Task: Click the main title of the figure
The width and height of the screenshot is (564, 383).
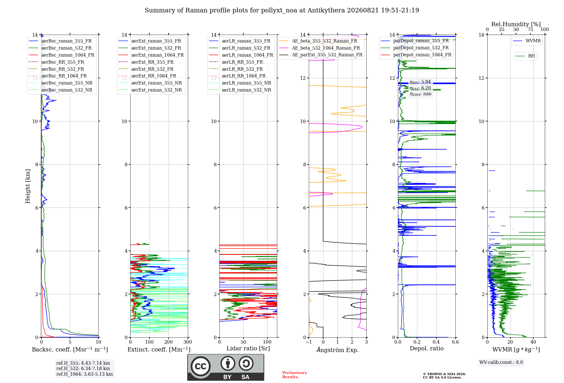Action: coord(282,10)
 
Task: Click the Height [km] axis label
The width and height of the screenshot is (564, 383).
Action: coord(28,186)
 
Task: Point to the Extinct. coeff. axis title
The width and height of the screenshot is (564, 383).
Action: coord(159,349)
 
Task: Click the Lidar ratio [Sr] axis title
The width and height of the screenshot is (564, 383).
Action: coord(248,348)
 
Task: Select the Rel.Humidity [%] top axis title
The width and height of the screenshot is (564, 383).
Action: coord(516,24)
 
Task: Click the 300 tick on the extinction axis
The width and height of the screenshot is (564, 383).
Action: coord(188,342)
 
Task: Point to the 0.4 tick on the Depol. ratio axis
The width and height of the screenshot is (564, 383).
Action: coord(436,342)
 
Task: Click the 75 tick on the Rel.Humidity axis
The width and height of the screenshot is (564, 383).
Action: coord(530,29)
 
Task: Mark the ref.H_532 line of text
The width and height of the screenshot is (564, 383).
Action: coord(83,368)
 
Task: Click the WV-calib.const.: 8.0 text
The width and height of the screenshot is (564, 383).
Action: coord(501,362)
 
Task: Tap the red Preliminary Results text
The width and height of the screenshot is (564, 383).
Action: coord(295,375)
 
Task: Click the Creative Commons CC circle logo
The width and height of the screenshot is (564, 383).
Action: coord(201,366)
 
